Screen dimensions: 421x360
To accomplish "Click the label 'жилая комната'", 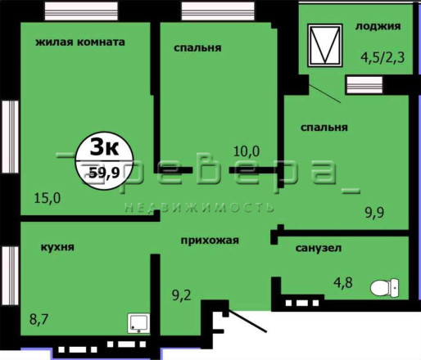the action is point(80,43).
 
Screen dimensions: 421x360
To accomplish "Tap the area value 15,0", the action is point(48,198).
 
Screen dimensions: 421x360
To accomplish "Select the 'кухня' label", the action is point(57,247).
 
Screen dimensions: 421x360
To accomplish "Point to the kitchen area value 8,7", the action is point(38,319).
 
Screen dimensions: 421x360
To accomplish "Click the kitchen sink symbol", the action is point(138,323).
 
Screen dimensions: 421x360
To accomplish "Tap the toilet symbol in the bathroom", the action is point(384,288).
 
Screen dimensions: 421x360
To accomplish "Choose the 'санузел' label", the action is point(319,248).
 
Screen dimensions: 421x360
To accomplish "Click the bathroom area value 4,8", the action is point(343,282).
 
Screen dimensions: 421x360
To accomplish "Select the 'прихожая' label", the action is point(210,241).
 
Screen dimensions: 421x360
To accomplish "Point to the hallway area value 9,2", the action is point(182,295).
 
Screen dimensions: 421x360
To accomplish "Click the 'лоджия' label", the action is point(378,26).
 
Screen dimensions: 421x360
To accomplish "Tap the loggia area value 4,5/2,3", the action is point(383,57).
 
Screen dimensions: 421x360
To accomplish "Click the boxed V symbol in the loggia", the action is point(325,45).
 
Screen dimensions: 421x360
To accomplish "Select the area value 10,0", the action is point(247,151).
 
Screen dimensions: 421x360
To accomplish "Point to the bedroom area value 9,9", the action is point(374,213).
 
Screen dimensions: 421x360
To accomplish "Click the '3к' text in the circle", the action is point(104,147).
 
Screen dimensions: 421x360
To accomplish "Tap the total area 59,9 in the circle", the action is point(105,172).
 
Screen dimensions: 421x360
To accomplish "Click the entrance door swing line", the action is point(247,321).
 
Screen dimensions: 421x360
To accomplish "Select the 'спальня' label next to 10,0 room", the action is point(197,48).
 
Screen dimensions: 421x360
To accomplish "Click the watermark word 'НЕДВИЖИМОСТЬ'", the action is point(199,208).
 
